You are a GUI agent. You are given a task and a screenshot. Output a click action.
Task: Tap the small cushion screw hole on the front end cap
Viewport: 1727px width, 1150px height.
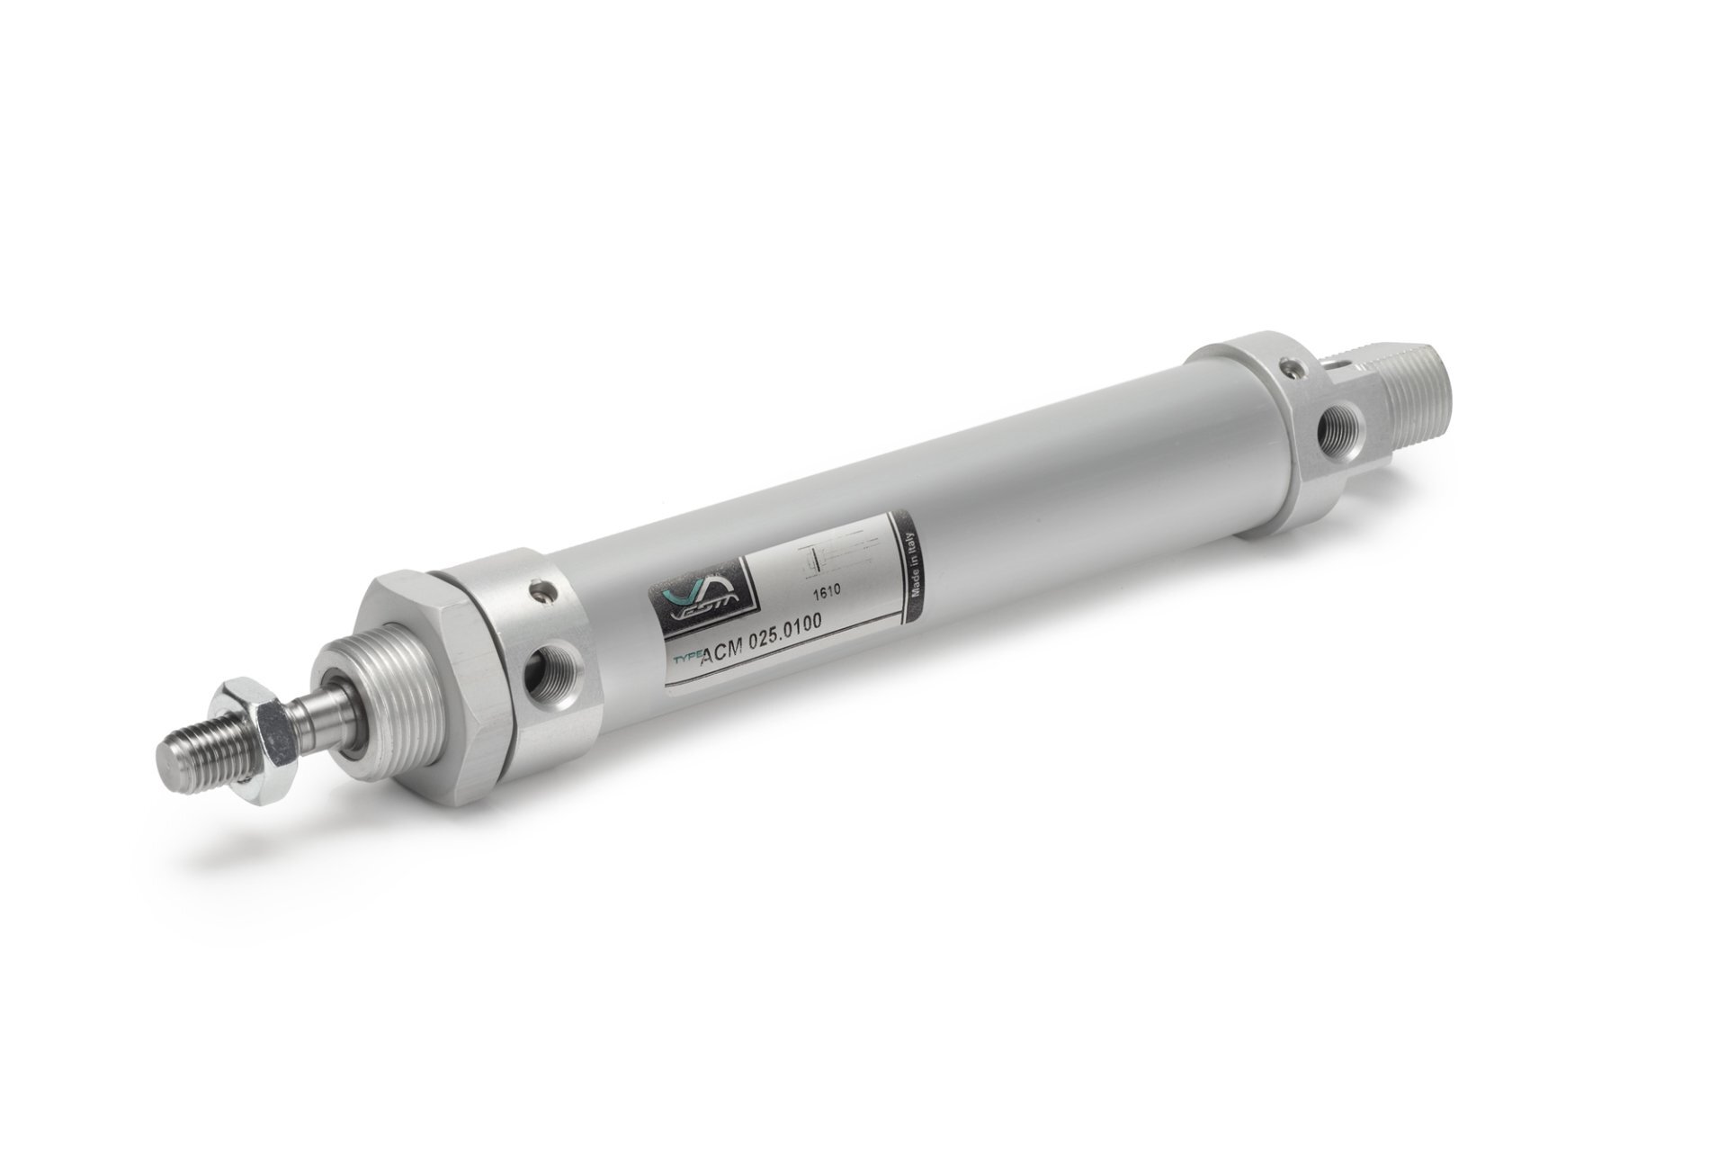click(x=539, y=591)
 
